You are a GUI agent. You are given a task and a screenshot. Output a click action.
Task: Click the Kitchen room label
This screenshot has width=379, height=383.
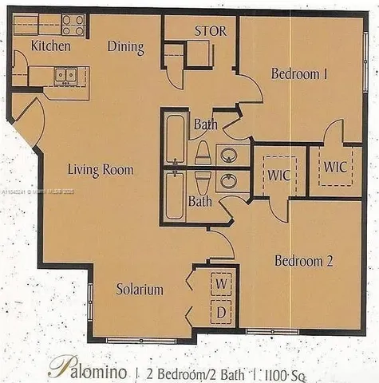(51, 46)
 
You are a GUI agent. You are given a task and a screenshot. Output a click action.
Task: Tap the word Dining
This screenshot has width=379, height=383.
(126, 47)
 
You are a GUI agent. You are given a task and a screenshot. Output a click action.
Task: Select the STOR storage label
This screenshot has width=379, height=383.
(211, 32)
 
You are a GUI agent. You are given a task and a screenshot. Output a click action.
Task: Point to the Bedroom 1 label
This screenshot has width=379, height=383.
(300, 74)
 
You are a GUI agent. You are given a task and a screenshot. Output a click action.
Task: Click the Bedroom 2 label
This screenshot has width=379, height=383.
(303, 261)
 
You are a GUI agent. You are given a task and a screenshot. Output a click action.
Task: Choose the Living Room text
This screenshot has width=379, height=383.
(101, 170)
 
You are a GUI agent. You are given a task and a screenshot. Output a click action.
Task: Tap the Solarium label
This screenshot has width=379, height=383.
(139, 289)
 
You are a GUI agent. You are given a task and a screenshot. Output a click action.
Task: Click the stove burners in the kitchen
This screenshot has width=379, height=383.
(73, 26)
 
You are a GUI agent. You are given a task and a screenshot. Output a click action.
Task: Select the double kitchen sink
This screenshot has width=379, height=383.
(65, 76)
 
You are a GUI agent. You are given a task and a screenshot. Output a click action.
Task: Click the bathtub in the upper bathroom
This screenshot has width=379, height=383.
(174, 137)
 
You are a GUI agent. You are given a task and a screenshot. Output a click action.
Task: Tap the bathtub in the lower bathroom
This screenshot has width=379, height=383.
(174, 196)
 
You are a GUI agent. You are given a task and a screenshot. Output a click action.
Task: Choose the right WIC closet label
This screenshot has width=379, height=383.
(334, 168)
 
